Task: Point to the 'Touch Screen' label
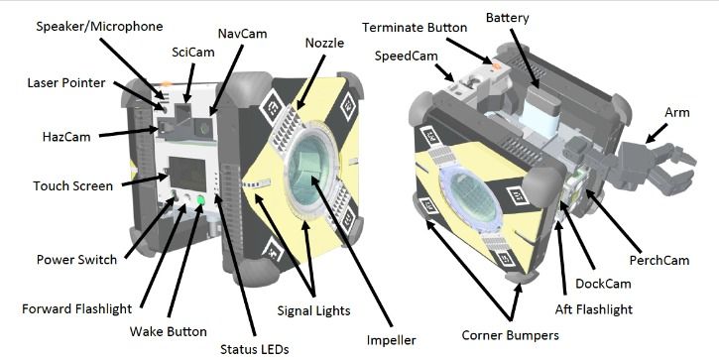coord(73,185)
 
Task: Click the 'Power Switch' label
coord(76,260)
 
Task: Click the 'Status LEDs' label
coord(248,348)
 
